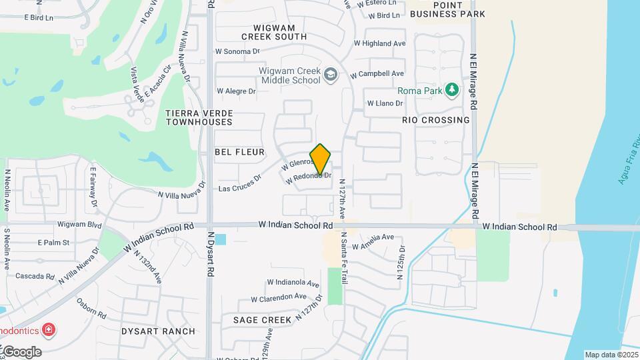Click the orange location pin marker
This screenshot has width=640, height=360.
pyautogui.click(x=321, y=159)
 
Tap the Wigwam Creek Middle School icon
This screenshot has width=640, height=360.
pyautogui.click(x=330, y=76)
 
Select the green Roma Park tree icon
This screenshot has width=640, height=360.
pyautogui.click(x=452, y=90)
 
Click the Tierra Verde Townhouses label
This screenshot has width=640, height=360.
pyautogui.click(x=199, y=117)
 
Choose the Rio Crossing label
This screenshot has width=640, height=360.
pyautogui.click(x=435, y=120)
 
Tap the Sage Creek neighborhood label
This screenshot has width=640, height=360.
pyautogui.click(x=262, y=320)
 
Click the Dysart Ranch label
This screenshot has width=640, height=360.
pyautogui.click(x=158, y=331)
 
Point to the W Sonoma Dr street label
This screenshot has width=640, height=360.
pyautogui.click(x=237, y=51)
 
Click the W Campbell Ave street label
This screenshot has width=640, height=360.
pyautogui.click(x=377, y=73)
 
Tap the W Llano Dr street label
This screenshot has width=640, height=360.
pyautogui.click(x=385, y=103)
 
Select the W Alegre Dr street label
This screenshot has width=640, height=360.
pyautogui.click(x=236, y=91)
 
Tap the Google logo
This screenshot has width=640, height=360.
pyautogui.click(x=22, y=352)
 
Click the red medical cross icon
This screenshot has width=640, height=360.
pyautogui.click(x=49, y=329)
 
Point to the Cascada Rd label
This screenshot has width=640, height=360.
pyautogui.click(x=34, y=276)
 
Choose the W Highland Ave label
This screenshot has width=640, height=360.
pyautogui.click(x=379, y=43)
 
